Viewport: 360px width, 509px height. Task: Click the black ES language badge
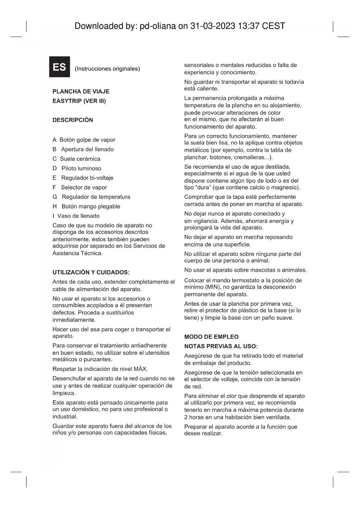(x=59, y=67)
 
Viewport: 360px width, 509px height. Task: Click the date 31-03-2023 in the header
(x=213, y=26)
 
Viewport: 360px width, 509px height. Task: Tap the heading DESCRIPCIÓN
(x=73, y=120)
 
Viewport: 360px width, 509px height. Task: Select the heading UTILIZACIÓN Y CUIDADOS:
(x=91, y=272)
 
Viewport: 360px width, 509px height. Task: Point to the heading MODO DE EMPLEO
(x=211, y=337)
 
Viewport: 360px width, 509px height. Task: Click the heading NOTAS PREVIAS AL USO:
(x=221, y=346)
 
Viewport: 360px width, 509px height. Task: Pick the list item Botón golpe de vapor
(x=87, y=140)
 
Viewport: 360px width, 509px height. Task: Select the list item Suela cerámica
(x=80, y=159)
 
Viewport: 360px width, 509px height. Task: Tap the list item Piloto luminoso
(x=81, y=169)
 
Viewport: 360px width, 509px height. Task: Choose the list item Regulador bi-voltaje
(x=87, y=178)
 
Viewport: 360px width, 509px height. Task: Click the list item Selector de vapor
(x=84, y=187)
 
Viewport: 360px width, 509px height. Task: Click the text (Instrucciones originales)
(x=107, y=69)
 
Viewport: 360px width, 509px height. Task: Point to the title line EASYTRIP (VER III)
(x=79, y=101)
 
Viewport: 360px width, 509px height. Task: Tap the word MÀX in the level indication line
(x=140, y=369)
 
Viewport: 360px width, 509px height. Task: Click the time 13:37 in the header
(x=248, y=26)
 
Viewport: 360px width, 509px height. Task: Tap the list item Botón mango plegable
(x=91, y=207)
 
